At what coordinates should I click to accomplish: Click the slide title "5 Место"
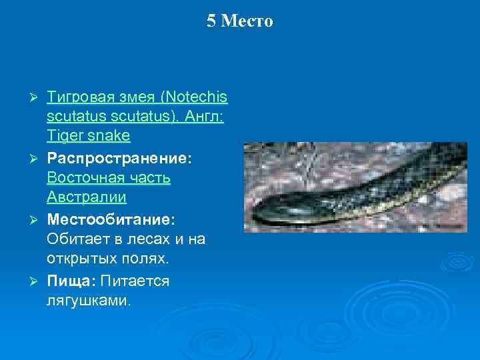click(239, 21)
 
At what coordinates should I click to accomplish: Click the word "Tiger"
click(64, 136)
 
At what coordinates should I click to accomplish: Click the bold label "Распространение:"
click(119, 160)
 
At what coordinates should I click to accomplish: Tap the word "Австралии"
click(87, 198)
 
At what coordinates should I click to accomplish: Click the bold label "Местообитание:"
click(111, 219)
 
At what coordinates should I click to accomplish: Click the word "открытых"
click(79, 258)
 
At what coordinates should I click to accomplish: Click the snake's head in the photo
click(273, 213)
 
